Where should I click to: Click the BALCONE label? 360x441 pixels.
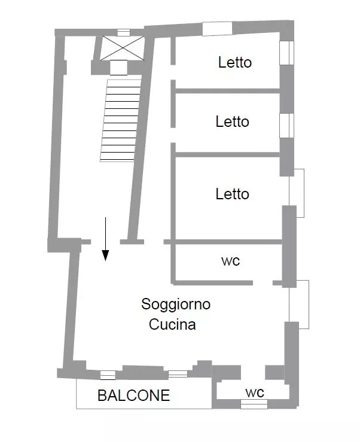(x=133, y=396)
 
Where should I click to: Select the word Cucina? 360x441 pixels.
(x=172, y=324)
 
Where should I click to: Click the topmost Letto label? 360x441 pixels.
(x=235, y=62)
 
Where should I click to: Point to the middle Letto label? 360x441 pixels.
(x=233, y=122)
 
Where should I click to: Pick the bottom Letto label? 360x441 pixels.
(x=233, y=194)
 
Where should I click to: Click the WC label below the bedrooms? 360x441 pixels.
(x=230, y=261)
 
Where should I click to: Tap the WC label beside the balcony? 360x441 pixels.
(x=255, y=393)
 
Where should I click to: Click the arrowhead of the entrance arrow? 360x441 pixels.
(x=105, y=256)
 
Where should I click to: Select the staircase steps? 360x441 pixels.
(x=121, y=121)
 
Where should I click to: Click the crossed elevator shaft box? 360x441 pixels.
(x=123, y=48)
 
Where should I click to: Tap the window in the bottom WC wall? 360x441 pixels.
(x=254, y=404)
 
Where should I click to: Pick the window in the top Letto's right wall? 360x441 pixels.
(x=286, y=53)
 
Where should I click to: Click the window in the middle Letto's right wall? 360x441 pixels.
(x=286, y=126)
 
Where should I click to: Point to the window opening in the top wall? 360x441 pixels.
(x=217, y=29)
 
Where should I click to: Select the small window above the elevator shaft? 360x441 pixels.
(x=124, y=33)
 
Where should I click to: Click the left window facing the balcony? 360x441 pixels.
(x=108, y=375)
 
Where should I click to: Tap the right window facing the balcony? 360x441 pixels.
(x=178, y=374)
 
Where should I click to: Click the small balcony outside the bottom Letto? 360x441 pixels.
(x=297, y=193)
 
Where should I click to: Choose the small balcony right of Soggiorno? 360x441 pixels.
(x=299, y=305)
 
